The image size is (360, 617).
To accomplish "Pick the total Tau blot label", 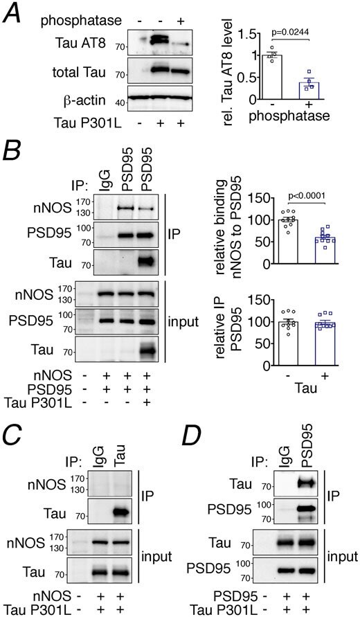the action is [79, 72].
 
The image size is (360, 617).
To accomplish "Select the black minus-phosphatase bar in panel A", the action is [272, 76].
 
